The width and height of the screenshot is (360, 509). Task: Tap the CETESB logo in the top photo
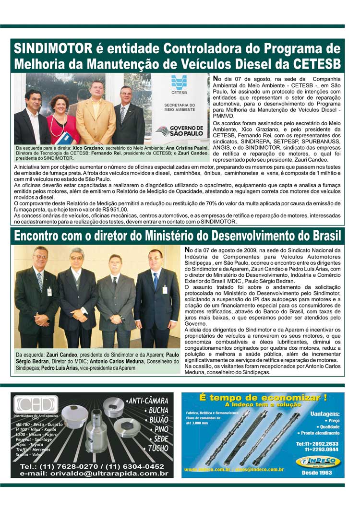pos(179,85)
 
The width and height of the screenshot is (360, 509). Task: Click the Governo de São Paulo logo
pos(180,130)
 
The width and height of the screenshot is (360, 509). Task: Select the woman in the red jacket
pos(62,120)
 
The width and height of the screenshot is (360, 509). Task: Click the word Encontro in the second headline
pos(44,237)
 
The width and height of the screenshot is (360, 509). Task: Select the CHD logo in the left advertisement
pos(36,404)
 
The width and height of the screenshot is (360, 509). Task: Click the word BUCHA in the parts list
pos(158,411)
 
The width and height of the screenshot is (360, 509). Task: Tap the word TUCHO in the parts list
pos(158,449)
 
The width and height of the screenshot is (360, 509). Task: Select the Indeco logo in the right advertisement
pos(318,462)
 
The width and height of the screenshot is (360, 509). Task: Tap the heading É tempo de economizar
pos(263,397)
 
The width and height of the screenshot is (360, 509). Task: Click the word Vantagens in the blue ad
pos(324,414)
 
